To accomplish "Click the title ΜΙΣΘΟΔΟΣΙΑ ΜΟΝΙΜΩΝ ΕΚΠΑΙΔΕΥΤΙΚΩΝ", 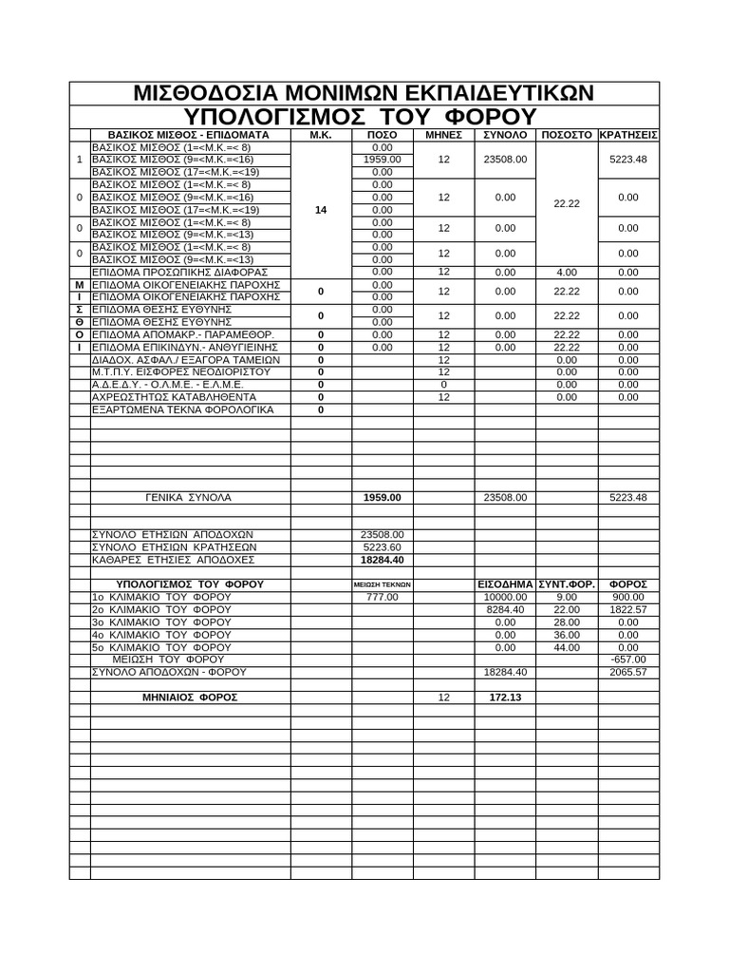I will (364, 93).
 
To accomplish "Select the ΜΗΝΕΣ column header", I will (443, 135).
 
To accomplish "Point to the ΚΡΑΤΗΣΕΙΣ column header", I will (628, 135).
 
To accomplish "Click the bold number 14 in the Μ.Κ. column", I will (321, 210).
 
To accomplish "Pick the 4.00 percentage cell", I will (567, 272).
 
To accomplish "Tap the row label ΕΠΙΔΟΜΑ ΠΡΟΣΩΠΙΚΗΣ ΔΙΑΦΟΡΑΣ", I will (179, 272).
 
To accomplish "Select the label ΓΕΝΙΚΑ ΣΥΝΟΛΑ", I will (189, 497).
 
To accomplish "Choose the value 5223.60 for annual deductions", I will (383, 547).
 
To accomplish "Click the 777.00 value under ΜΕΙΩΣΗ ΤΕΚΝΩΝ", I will (383, 597).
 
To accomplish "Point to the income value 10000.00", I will (505, 597).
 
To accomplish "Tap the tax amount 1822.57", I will (628, 609).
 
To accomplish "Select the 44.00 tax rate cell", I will (567, 646).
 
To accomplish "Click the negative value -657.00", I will (628, 658).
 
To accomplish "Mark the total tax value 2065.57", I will (628, 672).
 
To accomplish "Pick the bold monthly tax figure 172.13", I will (505, 696).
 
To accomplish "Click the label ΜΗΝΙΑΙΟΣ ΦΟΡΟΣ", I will (190, 696).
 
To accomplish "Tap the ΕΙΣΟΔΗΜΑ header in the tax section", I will (505, 583).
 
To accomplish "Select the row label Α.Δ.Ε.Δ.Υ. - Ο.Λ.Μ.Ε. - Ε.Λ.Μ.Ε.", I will (167, 384).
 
